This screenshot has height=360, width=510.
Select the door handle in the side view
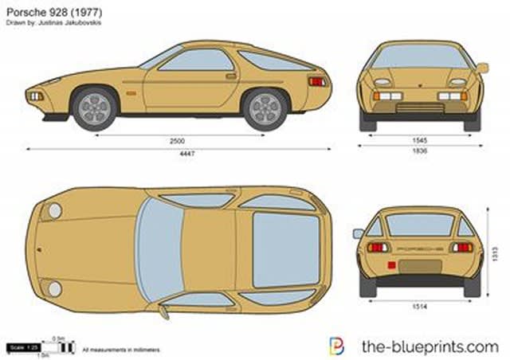(x=230, y=76)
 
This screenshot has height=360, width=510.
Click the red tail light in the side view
(x=316, y=81)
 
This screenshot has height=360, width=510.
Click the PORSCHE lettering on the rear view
(x=419, y=248)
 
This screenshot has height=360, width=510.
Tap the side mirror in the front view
(x=482, y=68)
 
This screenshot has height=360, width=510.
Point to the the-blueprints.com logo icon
(x=337, y=346)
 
